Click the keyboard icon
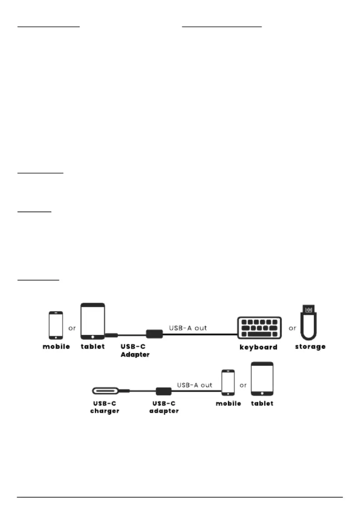tap(259, 328)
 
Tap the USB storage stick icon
tap(309, 323)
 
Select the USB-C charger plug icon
tap(106, 391)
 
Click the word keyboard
tap(258, 347)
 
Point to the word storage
tap(310, 347)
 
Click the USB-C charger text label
tap(105, 407)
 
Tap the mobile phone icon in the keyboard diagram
tap(56, 325)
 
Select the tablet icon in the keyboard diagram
tap(93, 321)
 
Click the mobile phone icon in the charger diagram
tap(228, 382)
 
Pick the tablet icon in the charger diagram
tap(262, 379)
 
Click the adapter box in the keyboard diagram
tap(154, 334)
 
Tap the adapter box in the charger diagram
tap(164, 391)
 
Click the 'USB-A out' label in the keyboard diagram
tap(188, 328)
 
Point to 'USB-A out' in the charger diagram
tap(195, 385)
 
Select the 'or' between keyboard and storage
tap(292, 328)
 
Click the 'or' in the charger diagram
tap(243, 386)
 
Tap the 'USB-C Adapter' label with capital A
tap(135, 351)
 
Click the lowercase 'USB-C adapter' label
tap(164, 407)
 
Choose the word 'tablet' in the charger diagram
tap(262, 404)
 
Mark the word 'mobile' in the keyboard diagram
tap(56, 347)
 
